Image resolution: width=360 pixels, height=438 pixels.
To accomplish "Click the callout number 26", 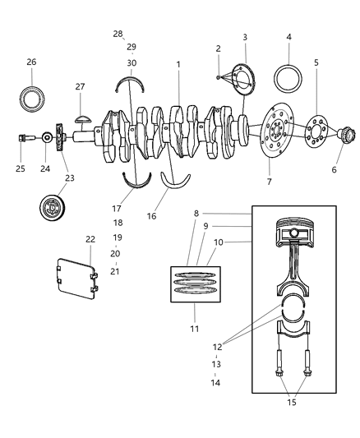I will [31, 62].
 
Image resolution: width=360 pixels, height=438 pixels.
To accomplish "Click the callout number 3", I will [245, 37].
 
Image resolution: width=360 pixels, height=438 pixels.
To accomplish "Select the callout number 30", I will [132, 63].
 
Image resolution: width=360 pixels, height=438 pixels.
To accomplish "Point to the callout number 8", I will [196, 213].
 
